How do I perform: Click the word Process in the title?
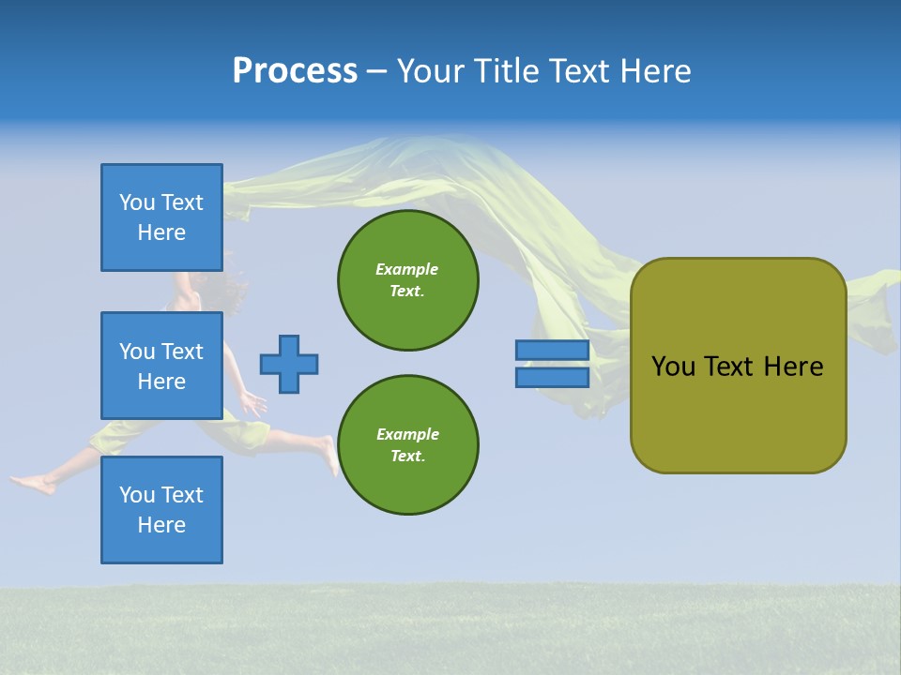(x=295, y=71)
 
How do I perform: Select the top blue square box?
(x=161, y=217)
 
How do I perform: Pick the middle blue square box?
(x=161, y=366)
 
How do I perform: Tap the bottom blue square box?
(x=161, y=510)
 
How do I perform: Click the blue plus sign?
(x=289, y=364)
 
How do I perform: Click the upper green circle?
(x=407, y=280)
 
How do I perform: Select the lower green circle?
(x=407, y=445)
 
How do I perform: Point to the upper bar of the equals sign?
(x=552, y=351)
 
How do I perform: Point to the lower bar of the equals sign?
(x=552, y=378)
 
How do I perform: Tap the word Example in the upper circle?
(x=407, y=269)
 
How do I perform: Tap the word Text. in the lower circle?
(x=407, y=457)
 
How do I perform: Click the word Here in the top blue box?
(x=161, y=232)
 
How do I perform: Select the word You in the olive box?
(x=673, y=367)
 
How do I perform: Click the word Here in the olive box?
(x=793, y=367)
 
